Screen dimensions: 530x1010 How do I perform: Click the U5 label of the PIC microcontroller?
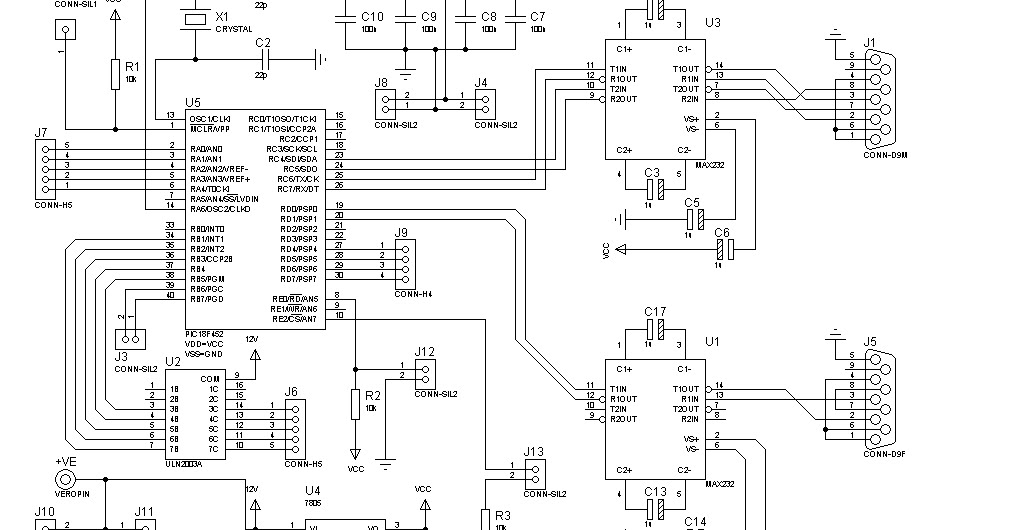[x=192, y=103]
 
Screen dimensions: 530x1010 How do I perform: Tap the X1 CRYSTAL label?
[x=222, y=17]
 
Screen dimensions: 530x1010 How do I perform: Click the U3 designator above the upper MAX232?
[x=712, y=21]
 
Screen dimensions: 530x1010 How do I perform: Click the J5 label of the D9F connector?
[x=869, y=341]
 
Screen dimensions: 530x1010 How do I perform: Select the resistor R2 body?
[x=354, y=405]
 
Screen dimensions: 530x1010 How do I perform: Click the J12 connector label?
[x=424, y=351]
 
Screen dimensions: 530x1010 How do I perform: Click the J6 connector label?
[x=291, y=392]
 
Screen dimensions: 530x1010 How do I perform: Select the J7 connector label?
[x=40, y=132]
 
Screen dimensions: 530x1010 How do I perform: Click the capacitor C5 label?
[x=691, y=202]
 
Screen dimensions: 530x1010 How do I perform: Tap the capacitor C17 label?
[x=655, y=312]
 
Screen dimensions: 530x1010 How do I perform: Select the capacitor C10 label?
[x=372, y=17]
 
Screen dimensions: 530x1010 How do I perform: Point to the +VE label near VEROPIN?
[x=65, y=461]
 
